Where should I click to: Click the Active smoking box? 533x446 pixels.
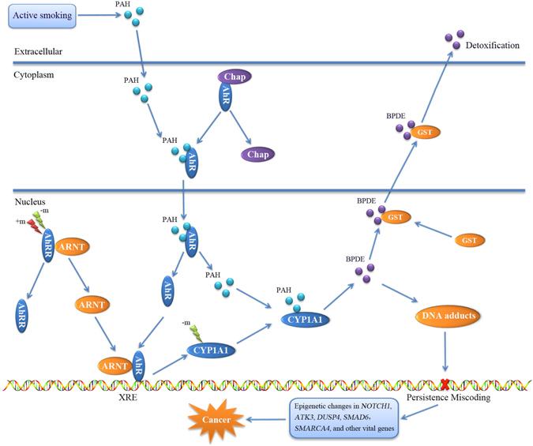point(43,14)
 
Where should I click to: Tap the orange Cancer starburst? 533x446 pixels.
point(216,419)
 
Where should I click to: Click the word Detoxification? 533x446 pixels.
point(494,47)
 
